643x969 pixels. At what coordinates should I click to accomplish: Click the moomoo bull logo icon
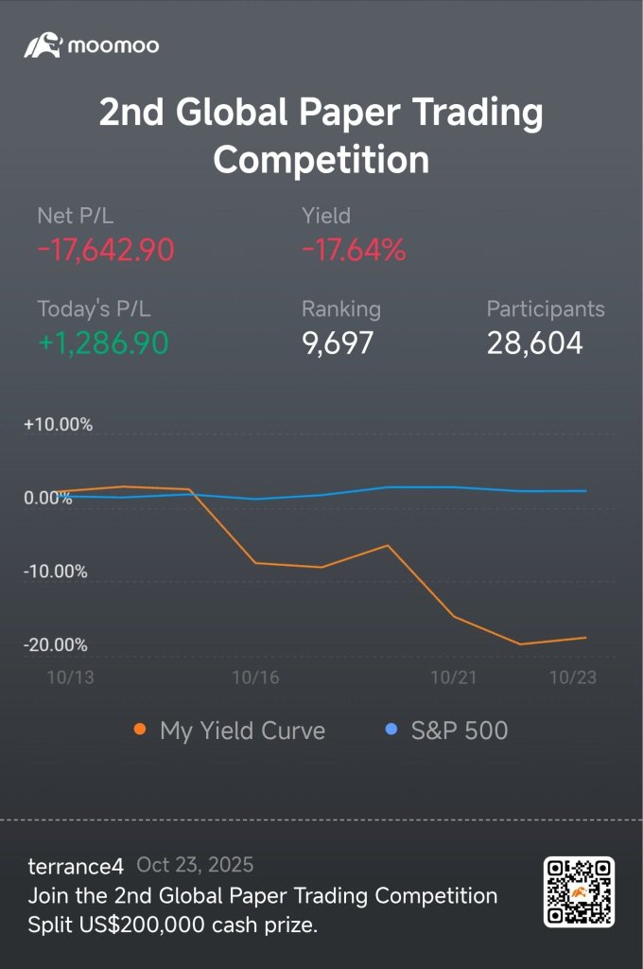tap(43, 45)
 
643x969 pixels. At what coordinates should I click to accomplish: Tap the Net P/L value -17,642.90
tap(106, 250)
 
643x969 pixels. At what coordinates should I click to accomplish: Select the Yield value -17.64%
tap(354, 250)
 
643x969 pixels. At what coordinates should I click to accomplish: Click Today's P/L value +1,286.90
tap(103, 343)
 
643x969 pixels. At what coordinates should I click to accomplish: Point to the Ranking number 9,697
tap(338, 343)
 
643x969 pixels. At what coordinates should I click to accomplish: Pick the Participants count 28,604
tap(534, 343)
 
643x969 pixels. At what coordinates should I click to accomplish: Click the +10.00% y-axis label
tap(58, 425)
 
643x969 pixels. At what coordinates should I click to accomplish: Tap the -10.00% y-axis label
tap(55, 571)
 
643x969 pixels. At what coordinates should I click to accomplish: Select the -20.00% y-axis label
tap(55, 644)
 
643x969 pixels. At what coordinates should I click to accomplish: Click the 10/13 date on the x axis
tap(70, 678)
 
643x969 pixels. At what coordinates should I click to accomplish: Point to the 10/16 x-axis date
tap(255, 678)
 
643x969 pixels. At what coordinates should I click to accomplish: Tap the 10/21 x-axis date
tap(453, 678)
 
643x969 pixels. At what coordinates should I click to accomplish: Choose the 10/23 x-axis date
tap(573, 678)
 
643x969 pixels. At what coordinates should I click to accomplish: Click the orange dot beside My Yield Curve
tap(140, 730)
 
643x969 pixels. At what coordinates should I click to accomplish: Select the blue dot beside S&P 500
tap(391, 730)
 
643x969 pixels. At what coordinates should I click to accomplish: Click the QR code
tap(579, 891)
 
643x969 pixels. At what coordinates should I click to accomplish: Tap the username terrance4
tap(76, 866)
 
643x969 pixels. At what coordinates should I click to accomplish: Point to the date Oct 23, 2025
tap(195, 865)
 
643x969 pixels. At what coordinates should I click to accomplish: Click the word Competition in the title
tap(321, 159)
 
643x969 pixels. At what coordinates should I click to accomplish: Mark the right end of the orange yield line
tap(585, 638)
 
